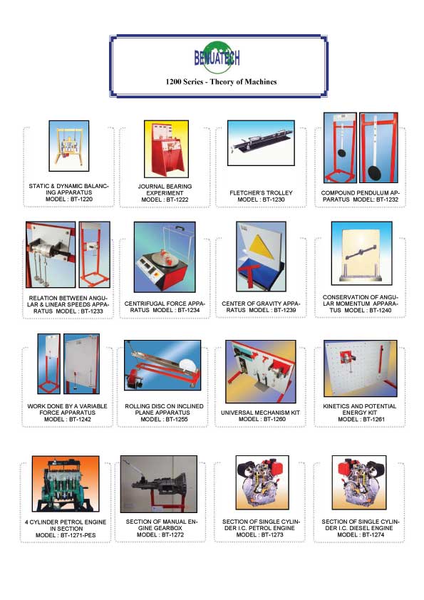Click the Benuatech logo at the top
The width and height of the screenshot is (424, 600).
pos(217,58)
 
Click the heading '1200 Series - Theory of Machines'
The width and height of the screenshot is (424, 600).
pos(221,81)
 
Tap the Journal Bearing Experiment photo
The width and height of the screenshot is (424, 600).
pos(166,149)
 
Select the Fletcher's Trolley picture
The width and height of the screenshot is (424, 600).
pos(261,143)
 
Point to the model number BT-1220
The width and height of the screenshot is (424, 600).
pos(81,199)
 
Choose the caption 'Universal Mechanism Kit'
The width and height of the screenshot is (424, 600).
pos(260,413)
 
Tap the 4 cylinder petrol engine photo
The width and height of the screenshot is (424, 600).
pos(66,484)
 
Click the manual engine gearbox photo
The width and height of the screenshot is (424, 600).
pos(159,484)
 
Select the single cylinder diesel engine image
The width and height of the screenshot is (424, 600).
pos(359,482)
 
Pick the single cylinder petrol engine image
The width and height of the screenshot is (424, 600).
pos(262,482)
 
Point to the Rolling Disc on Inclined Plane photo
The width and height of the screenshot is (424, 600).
pos(162,365)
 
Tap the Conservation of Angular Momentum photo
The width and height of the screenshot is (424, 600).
pos(361,253)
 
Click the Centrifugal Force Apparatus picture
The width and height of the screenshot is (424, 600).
pos(165,257)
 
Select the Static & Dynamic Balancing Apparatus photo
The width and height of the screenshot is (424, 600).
pos(69,146)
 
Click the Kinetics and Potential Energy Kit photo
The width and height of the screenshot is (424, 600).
pos(361,368)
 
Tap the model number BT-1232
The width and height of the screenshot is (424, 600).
pos(387,200)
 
